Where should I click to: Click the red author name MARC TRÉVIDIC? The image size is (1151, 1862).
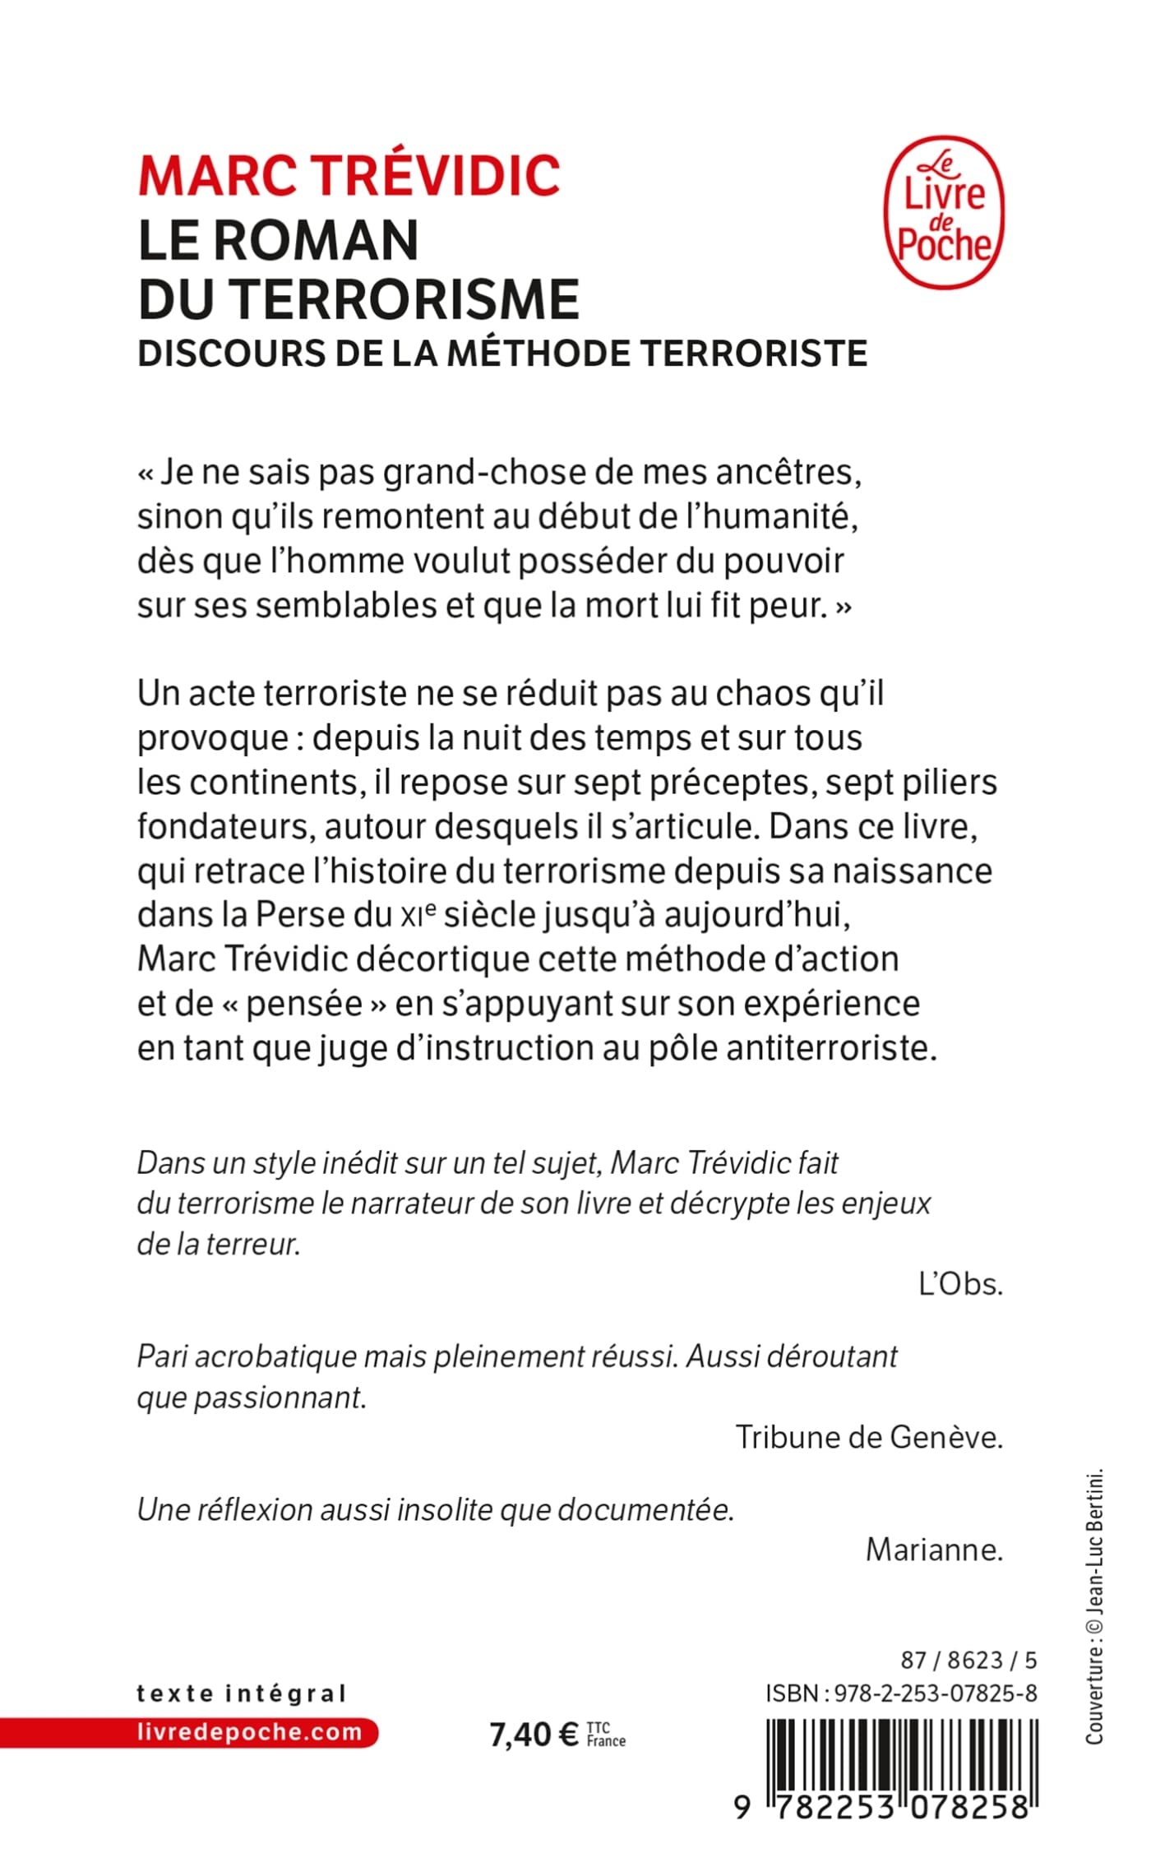349,175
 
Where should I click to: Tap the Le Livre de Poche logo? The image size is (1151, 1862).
944,212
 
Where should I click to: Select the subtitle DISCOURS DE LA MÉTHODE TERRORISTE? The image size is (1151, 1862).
502,353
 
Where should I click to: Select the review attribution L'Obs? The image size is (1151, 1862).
960,1284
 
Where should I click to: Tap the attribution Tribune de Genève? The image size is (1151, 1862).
869,1437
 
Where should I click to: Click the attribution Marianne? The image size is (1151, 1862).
934,1550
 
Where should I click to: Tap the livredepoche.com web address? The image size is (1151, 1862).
250,1732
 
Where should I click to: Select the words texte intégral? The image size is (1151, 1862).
242,1693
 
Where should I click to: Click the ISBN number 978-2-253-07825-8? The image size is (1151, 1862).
936,1693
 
